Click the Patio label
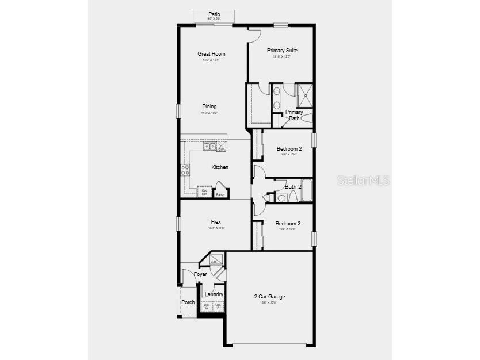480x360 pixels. [x=214, y=14]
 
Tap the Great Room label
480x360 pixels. [x=211, y=54]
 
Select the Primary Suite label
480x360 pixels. [x=282, y=51]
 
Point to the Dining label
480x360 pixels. [x=209, y=106]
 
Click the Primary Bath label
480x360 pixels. [x=294, y=115]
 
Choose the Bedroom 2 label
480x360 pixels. [x=289, y=149]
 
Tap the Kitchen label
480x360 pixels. [x=220, y=167]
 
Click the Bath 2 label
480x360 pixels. [x=294, y=187]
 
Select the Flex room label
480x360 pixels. [x=216, y=222]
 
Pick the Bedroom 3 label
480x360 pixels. [x=288, y=224]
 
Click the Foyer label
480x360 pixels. [x=200, y=274]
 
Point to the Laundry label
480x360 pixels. [x=214, y=294]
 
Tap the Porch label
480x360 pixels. [x=188, y=302]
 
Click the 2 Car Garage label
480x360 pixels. [x=270, y=297]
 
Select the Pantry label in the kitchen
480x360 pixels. [x=220, y=194]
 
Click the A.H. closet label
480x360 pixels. [x=214, y=262]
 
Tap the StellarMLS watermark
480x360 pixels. [x=364, y=180]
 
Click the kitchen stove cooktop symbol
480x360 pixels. [x=185, y=170]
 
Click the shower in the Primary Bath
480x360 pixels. [x=304, y=95]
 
